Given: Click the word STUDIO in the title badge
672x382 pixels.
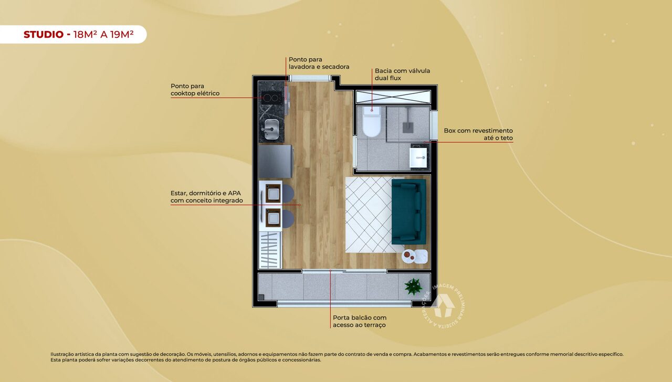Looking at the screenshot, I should click(44, 35).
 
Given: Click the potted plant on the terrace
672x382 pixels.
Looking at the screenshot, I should click(414, 286).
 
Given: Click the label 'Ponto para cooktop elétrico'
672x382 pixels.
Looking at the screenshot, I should click(195, 90).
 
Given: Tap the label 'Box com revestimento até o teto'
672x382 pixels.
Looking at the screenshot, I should click(478, 134).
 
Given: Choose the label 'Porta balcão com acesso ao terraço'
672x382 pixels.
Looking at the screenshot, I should click(359, 321).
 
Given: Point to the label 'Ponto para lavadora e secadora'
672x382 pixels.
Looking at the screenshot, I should click(319, 63).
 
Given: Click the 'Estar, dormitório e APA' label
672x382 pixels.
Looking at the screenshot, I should click(206, 196).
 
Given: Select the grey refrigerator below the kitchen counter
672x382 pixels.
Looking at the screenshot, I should click(275, 162).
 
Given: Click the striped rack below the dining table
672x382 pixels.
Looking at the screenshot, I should click(270, 250).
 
